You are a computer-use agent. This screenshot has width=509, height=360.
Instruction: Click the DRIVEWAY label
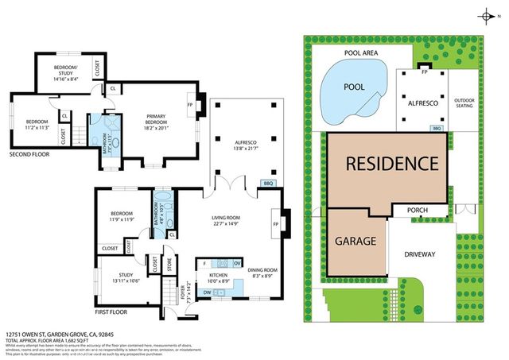pos(421,254)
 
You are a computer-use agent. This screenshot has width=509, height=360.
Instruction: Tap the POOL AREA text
pos(361,52)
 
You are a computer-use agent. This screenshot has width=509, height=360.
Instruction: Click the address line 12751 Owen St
pos(56,336)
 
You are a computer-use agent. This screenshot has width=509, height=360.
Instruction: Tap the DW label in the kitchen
pos(208,292)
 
